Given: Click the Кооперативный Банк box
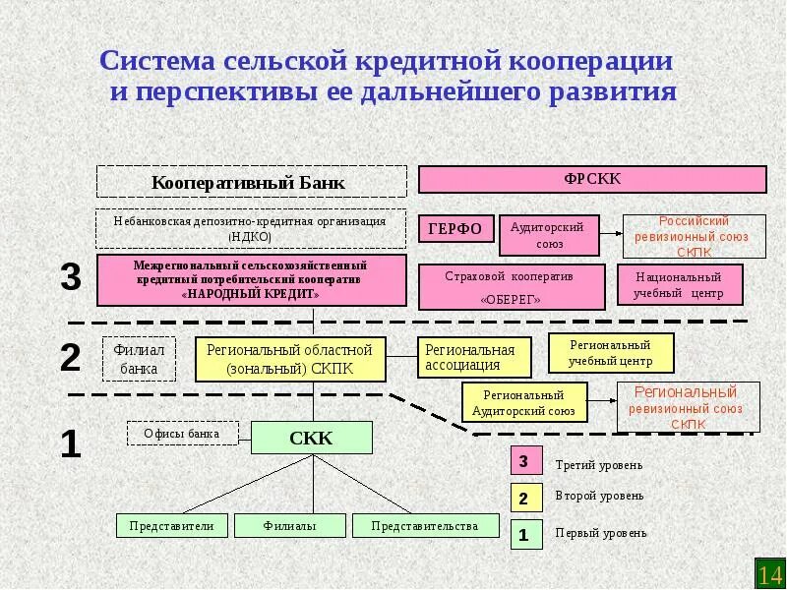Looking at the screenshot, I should coord(251,182).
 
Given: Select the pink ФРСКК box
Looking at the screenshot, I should coord(592,179).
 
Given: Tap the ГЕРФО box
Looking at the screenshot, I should coord(454,229).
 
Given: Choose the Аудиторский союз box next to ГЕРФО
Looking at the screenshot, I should coord(547,234).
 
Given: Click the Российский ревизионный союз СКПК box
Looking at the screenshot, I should coord(695,236).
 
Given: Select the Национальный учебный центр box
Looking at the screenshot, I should coord(680,285).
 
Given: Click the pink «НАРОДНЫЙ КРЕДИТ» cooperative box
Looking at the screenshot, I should coord(251,279).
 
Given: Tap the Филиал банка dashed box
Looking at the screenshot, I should coord(139,359).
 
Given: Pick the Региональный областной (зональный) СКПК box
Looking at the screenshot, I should coord(291,359).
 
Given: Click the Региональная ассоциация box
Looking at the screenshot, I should coord(474,358).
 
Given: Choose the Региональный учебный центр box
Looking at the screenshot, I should coord(610,353).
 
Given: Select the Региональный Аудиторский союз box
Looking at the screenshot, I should coord(524,402).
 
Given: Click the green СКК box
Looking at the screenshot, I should coord(312,438).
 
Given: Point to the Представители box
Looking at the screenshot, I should coord(171,525).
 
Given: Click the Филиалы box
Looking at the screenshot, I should coord(290,525).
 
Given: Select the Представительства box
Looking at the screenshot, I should coord(424,525).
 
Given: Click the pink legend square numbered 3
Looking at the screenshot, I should coord(524,461).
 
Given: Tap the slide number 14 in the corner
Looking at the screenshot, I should coord(768,573).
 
